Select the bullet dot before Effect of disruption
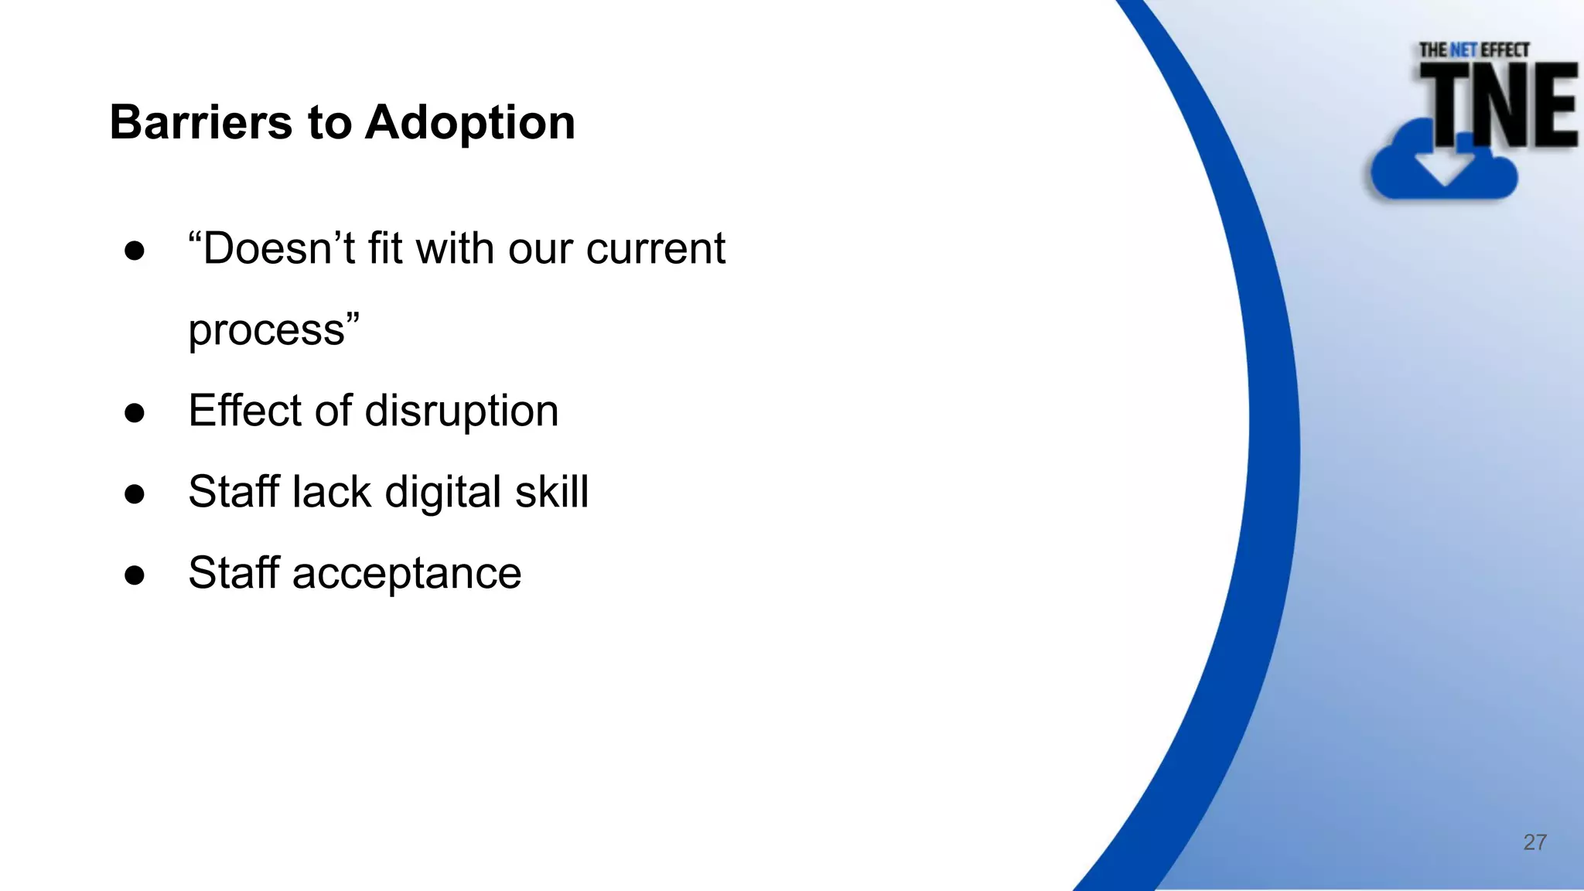coord(135,413)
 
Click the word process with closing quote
coord(274,330)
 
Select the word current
coord(655,249)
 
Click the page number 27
coord(1534,842)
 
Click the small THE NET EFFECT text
coord(1473,50)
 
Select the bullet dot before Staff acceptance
coord(135,575)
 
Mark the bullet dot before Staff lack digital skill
coord(135,494)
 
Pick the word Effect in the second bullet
coord(244,411)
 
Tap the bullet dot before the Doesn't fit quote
coord(135,251)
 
